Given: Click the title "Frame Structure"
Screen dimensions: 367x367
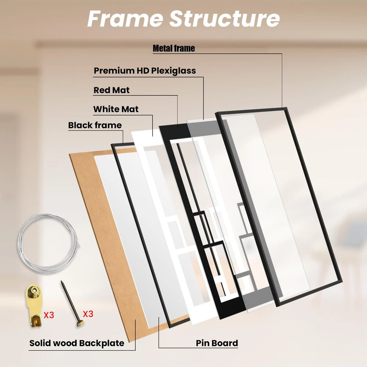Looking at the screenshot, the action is [x=183, y=19].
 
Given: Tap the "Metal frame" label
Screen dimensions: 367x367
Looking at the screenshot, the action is [x=174, y=48].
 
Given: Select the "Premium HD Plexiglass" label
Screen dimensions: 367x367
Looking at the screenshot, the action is [x=145, y=71].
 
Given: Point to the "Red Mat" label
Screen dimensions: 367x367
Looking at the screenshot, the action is [x=112, y=90].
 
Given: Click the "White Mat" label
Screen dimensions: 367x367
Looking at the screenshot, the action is [x=116, y=109].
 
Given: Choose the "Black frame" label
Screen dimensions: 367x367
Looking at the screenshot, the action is [x=95, y=125].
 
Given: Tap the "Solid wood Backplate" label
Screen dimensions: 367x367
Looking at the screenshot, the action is [x=77, y=343].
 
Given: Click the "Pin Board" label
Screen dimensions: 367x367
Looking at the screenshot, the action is [x=217, y=343].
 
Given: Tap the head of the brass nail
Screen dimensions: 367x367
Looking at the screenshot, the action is [x=80, y=323].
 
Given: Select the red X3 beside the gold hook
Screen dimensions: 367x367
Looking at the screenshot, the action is [x=49, y=315].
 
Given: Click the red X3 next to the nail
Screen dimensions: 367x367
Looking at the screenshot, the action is [x=88, y=314].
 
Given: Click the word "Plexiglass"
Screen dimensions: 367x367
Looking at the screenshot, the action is [x=174, y=71].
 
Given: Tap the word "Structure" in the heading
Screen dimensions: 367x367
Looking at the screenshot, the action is [x=225, y=19].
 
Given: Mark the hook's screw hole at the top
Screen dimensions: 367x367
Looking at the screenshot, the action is [x=34, y=290].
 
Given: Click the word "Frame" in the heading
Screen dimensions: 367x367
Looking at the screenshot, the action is [x=125, y=19].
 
